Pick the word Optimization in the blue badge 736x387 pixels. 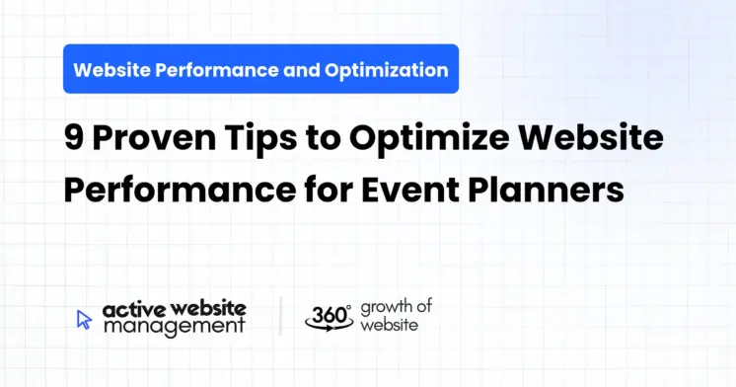tap(388, 70)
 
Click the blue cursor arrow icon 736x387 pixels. tap(84, 319)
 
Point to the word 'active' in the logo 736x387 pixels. tap(127, 309)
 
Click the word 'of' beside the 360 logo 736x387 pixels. tap(425, 307)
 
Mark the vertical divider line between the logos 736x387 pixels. tap(280, 316)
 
